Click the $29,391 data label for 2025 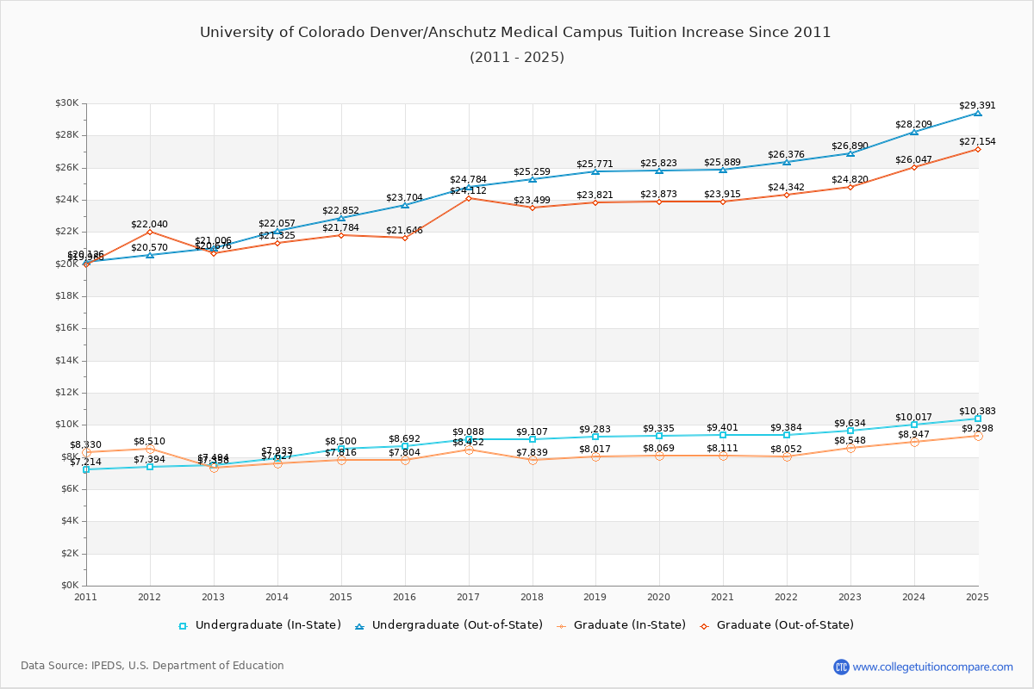point(977,106)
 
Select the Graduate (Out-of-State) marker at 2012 point(150,232)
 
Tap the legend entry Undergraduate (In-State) point(259,625)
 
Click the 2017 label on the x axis point(468,596)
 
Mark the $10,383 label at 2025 point(977,412)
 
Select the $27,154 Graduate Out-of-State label point(977,141)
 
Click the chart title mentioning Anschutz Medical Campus point(515,33)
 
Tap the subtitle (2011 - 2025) point(517,58)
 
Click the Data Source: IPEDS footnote point(153,666)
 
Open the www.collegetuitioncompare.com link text point(932,667)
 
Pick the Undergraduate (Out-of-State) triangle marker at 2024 point(914,132)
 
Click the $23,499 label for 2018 point(532,201)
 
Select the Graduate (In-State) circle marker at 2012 point(150,449)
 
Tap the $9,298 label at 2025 point(977,429)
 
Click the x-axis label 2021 point(723,596)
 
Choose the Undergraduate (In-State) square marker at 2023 point(850,431)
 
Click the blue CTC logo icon point(841,667)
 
